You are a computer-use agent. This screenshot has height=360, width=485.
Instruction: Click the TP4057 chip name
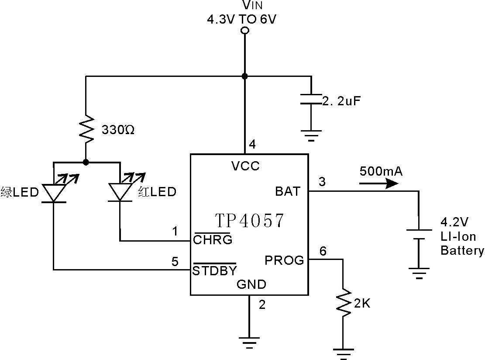coord(249,221)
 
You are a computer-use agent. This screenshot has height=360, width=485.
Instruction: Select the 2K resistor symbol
coord(343,302)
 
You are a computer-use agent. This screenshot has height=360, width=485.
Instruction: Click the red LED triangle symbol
coord(120,192)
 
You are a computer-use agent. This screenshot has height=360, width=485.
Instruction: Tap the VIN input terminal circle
coord(245,31)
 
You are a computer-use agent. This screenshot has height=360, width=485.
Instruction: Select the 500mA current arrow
coord(378,183)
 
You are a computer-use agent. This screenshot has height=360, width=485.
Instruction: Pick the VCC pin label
coord(245,166)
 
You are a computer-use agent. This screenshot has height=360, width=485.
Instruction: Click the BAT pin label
coord(288,191)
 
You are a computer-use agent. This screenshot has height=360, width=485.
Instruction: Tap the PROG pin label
coord(284,260)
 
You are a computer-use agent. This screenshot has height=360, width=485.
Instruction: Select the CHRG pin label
coord(213,240)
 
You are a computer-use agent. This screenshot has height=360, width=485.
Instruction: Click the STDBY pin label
coord(215,270)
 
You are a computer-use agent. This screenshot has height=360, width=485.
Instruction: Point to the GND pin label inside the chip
coord(251,284)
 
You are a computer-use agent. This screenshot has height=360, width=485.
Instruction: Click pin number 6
coord(323,251)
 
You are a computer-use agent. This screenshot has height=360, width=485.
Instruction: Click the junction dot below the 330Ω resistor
coord(86,162)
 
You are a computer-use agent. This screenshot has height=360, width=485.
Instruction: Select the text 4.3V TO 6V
coord(241,20)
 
